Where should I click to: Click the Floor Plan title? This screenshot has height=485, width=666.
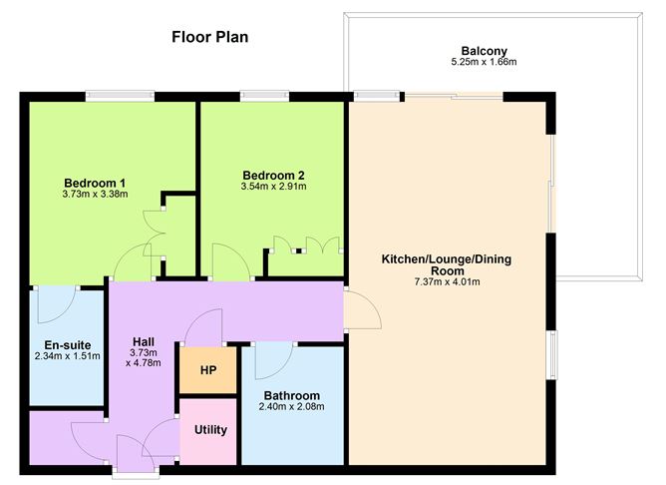209,37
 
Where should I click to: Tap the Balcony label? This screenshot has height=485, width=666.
485,51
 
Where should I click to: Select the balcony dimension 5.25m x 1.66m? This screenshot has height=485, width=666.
485,63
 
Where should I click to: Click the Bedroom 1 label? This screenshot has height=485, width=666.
95,183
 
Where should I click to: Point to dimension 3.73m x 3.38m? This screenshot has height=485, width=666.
95,195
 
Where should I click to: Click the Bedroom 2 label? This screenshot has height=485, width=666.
273,173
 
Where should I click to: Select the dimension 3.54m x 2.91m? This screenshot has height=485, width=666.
273,185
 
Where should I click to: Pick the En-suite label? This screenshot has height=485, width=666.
66,343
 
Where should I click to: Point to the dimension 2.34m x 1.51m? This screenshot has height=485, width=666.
66,355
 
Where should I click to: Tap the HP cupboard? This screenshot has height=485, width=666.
208,370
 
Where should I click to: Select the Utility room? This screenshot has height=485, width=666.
210,430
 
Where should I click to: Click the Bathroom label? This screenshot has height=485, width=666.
292,394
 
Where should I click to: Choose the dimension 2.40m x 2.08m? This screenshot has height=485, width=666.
292,406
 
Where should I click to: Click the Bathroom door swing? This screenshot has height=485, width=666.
273,358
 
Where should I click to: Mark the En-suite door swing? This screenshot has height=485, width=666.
55,304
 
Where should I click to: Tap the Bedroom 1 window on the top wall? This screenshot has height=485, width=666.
120,96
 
